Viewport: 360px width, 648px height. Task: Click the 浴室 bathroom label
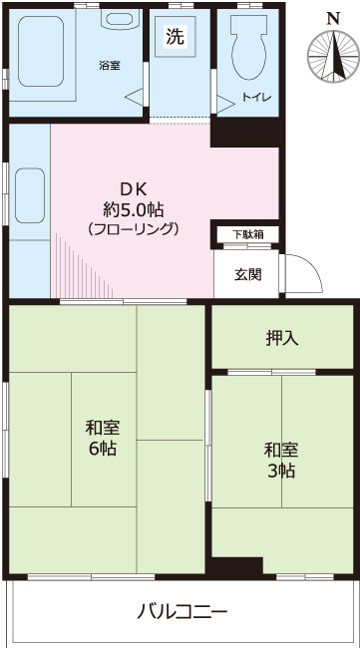109,66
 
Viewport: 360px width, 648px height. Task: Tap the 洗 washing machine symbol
176,38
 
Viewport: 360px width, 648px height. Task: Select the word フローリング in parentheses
134,229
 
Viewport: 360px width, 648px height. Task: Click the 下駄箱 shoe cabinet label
247,235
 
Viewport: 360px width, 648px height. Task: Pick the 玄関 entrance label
247,274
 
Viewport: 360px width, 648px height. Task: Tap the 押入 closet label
281,337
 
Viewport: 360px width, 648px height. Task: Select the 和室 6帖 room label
103,439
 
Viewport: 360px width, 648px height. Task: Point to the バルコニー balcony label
182,610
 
